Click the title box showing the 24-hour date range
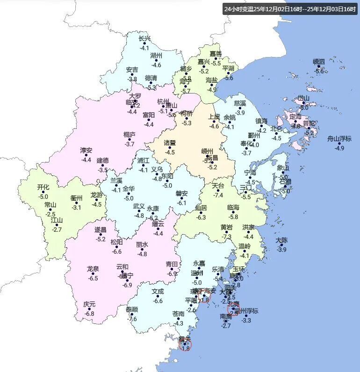click(x=289, y=9)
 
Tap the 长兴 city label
click(x=145, y=39)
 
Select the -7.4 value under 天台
click(x=218, y=195)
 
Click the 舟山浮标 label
click(x=339, y=138)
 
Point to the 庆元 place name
click(x=89, y=304)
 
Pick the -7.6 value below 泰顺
click(x=132, y=319)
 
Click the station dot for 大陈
click(x=281, y=245)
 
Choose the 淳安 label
click(x=86, y=150)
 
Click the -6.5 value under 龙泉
click(x=93, y=279)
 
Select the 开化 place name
click(x=43, y=187)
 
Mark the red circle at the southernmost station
click(x=185, y=345)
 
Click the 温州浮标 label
click(x=246, y=311)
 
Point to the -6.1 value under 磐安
click(x=182, y=203)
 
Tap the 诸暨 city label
click(x=170, y=143)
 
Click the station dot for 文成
click(x=158, y=296)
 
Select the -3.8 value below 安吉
click(x=132, y=79)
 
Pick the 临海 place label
click(x=233, y=207)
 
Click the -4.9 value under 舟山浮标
click(x=339, y=148)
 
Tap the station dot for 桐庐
click(x=130, y=139)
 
